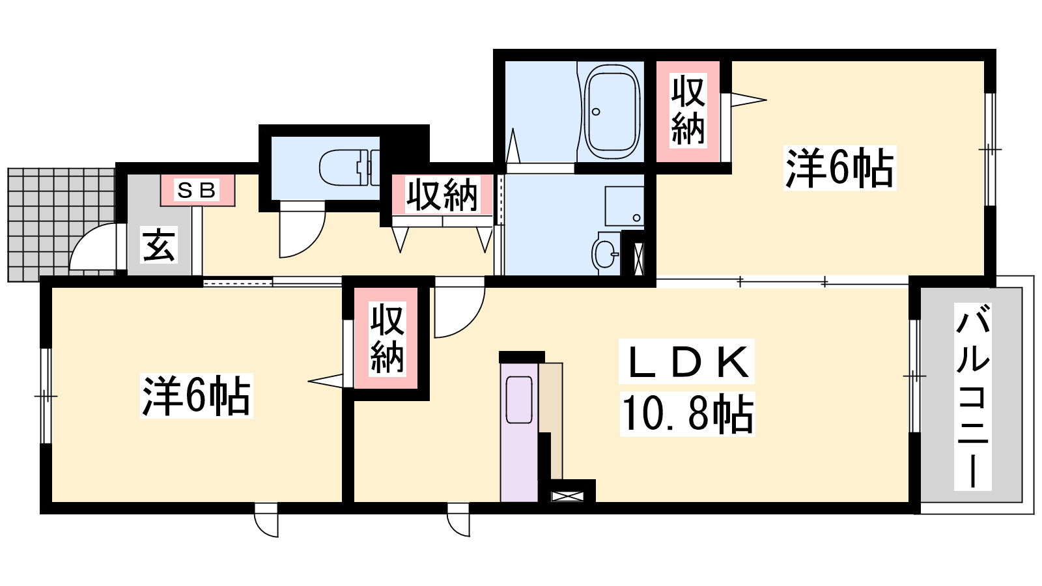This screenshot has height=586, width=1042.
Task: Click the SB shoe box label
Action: [x=197, y=190]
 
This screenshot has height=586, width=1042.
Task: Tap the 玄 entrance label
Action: [x=159, y=245]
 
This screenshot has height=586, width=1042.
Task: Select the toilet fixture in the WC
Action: [x=349, y=167]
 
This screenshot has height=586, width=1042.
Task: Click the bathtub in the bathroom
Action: [x=612, y=111]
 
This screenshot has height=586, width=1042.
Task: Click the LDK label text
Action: [x=686, y=362]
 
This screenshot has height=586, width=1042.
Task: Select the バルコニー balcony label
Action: [x=972, y=397]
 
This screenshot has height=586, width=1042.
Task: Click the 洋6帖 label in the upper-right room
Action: [x=839, y=168]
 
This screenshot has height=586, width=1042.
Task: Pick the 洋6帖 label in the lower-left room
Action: [x=196, y=396]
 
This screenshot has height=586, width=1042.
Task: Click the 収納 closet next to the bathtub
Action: [x=688, y=111]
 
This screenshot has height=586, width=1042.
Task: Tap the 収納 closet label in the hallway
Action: [x=442, y=195]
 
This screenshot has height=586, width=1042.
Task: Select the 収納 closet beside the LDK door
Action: [x=386, y=338]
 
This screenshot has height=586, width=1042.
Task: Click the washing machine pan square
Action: [x=625, y=206]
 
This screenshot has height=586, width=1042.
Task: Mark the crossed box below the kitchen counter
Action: [x=567, y=496]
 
